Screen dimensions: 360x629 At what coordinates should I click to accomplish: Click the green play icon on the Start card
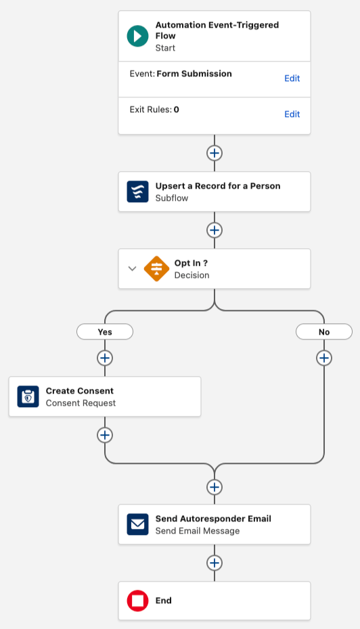[x=137, y=36]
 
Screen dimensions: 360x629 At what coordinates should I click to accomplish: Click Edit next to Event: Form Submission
[x=292, y=78]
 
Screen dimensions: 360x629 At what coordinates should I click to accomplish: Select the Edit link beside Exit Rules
[x=292, y=114]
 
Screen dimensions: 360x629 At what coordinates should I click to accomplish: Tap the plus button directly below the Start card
[x=215, y=153]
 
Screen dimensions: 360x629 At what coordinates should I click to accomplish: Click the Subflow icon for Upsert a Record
[x=137, y=192]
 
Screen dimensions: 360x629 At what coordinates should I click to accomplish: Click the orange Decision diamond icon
[x=156, y=269]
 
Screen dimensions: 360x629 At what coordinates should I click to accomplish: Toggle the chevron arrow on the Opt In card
[x=132, y=269]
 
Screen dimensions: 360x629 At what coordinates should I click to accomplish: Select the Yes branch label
[x=105, y=332]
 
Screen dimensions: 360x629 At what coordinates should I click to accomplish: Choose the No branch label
[x=324, y=332]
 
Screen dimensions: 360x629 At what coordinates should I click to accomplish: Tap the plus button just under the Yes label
[x=105, y=358]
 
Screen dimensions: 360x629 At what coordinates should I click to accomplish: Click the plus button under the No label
[x=324, y=358]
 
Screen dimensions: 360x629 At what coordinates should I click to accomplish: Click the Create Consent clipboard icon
[x=28, y=396]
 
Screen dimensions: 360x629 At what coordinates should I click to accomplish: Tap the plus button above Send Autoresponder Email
[x=215, y=487]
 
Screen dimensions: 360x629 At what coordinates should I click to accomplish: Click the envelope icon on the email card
[x=137, y=524]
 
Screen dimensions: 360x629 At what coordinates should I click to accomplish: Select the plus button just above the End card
[x=215, y=563]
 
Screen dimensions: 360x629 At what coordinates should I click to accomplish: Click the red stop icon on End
[x=137, y=601]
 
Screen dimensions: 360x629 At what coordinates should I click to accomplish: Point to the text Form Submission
[x=194, y=74]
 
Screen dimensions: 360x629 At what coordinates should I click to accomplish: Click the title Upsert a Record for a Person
[x=218, y=186]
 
